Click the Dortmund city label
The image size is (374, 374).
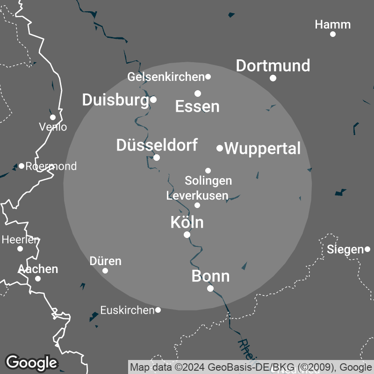point(273,65)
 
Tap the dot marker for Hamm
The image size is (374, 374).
point(333,34)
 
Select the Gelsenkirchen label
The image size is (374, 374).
point(166,76)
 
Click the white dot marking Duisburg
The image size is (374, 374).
point(153,99)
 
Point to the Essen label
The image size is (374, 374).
point(197,107)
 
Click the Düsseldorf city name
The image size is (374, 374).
point(157,145)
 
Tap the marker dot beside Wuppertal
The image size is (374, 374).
point(220,148)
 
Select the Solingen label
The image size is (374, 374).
point(208,180)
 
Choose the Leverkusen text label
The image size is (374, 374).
point(197,195)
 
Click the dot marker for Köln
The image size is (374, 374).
point(187,235)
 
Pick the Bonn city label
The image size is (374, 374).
point(210,276)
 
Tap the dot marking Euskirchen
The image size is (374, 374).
point(158,310)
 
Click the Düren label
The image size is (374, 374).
point(105,261)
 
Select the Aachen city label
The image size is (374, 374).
point(38,269)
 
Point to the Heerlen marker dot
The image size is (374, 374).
point(20,248)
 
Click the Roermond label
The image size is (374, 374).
point(51,166)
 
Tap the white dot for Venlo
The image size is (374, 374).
point(53,117)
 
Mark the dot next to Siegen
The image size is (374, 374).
point(367,249)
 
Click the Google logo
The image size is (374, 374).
point(31,362)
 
